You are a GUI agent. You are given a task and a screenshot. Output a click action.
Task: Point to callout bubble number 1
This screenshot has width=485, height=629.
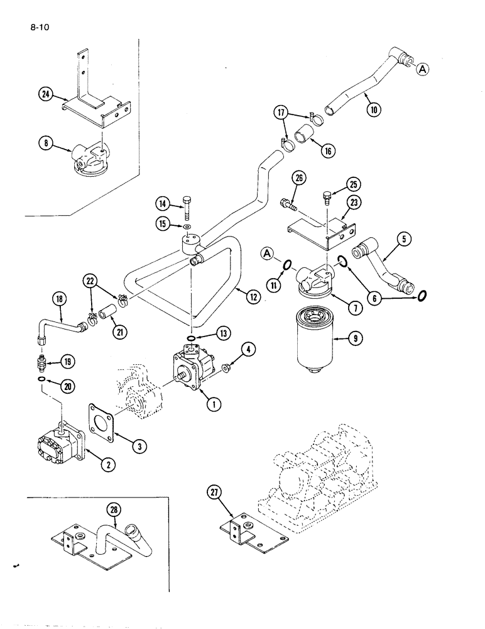click(214, 404)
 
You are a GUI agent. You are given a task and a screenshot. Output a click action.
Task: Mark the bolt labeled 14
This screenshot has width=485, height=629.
click(187, 205)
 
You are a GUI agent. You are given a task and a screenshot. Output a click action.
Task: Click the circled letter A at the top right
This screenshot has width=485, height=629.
click(423, 70)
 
